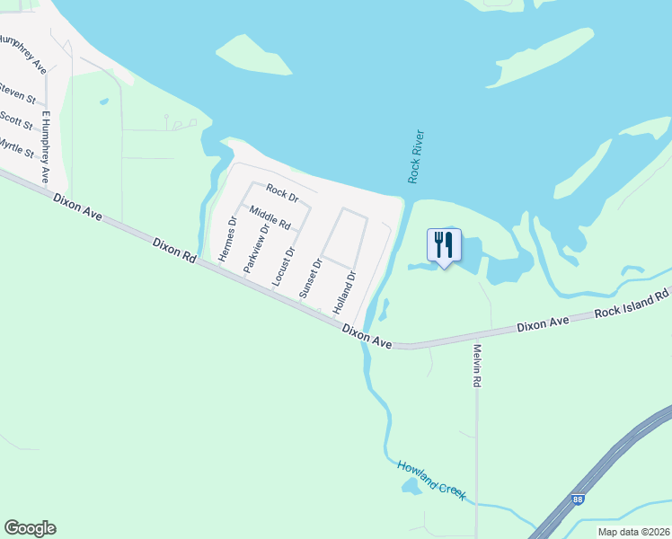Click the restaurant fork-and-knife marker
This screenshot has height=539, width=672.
coord(444,246)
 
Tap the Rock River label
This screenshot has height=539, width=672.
coord(416,157)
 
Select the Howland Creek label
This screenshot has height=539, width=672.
coord(431,480)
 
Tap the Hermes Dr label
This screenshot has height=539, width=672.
coord(226,240)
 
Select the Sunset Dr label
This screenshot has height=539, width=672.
coord(310,278)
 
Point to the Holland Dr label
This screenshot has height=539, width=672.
coord(345,292)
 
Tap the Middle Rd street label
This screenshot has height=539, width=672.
coord(270,217)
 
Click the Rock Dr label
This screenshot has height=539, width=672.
coord(282,191)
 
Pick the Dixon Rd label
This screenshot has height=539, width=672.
coord(174,251)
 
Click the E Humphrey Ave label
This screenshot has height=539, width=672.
coord(45,147)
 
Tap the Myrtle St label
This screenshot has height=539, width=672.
coord(15,148)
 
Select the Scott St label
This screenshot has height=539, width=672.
coord(16,119)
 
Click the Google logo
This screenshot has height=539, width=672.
coord(30,528)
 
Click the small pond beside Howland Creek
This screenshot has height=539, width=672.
coord(411,487)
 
